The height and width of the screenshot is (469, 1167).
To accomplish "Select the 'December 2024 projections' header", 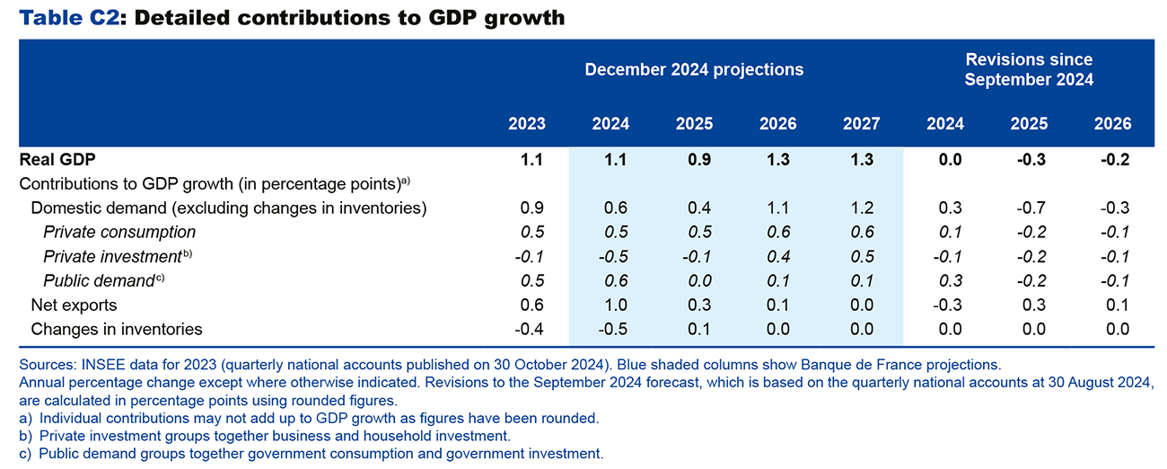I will [x=694, y=69].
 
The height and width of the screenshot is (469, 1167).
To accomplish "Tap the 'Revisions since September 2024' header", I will [x=1029, y=69].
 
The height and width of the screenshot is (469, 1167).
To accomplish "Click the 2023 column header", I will [x=526, y=124].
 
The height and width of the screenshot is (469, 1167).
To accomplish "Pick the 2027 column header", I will [x=861, y=124].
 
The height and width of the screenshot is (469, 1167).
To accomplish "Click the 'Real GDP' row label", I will [x=57, y=160].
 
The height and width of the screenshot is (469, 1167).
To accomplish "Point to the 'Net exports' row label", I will [x=74, y=305].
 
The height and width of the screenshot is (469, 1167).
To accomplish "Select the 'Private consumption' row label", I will [x=119, y=232].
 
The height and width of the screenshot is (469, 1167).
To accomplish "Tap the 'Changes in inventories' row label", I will [x=117, y=329].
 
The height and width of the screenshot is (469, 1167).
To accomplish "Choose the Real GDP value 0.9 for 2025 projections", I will [x=694, y=160].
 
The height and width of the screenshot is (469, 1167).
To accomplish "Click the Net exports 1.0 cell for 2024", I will [x=610, y=305].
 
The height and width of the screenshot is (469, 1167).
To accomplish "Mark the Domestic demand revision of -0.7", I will [x=1029, y=208].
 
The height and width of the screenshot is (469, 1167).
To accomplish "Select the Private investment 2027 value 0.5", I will [x=861, y=256].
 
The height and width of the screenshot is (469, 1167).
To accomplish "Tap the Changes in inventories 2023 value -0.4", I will [x=526, y=329].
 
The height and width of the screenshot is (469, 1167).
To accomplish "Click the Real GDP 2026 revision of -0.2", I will [x=1112, y=160].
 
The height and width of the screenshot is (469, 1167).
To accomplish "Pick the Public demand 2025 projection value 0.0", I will [x=694, y=280].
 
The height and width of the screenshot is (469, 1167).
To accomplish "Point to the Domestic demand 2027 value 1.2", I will [x=861, y=208].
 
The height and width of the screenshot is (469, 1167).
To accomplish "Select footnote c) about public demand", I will [x=311, y=454].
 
